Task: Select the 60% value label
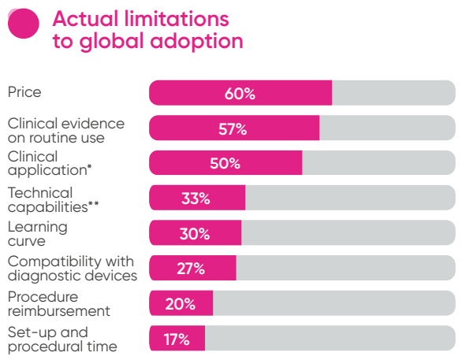tap(240, 94)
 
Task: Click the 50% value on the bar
tap(225, 164)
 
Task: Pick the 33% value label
tap(196, 199)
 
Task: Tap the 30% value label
tap(194, 234)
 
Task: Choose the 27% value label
tap(191, 269)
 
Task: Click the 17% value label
tap(176, 340)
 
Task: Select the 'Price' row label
tap(24, 92)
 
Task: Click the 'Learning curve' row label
tap(38, 234)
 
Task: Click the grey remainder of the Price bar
tap(393, 92)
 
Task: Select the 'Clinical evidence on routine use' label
tap(67, 130)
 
